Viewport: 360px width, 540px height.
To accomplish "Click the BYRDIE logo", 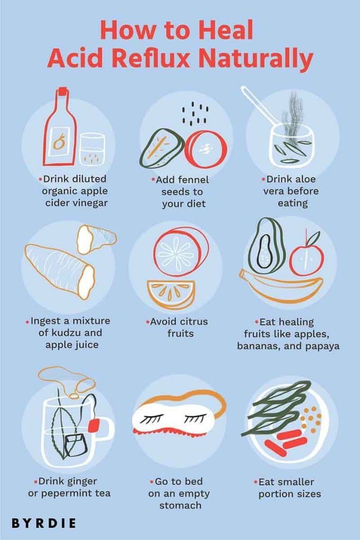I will [x=44, y=523].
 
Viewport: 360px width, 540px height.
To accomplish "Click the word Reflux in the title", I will [x=157, y=59].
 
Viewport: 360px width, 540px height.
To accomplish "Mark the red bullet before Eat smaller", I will [x=256, y=481].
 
